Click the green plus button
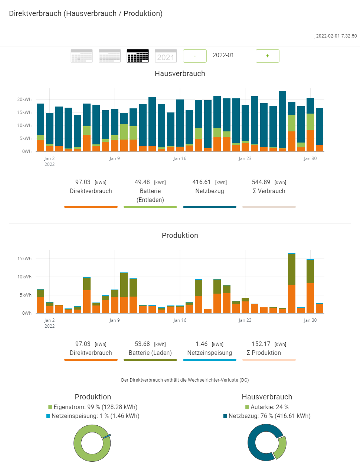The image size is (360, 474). pyautogui.click(x=267, y=56)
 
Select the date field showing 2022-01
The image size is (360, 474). pyautogui.click(x=230, y=55)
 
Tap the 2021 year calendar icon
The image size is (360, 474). pyautogui.click(x=166, y=56)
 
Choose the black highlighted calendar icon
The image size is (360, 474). pyautogui.click(x=138, y=56)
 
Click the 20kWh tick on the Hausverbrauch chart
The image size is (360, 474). pyautogui.click(x=24, y=99)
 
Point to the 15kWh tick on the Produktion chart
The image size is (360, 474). pyautogui.click(x=24, y=259)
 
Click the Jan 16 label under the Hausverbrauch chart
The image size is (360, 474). pyautogui.click(x=180, y=158)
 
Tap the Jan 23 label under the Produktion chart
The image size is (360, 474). pyautogui.click(x=245, y=320)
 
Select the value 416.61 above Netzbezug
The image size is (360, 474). pyautogui.click(x=202, y=182)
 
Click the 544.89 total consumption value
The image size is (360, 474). pyautogui.click(x=261, y=182)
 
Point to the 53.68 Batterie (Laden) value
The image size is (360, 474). pyautogui.click(x=142, y=344)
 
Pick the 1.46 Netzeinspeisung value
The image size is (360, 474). pyautogui.click(x=202, y=344)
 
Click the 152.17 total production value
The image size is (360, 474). pyautogui.click(x=261, y=344)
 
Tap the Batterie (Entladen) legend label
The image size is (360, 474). pyautogui.click(x=150, y=195)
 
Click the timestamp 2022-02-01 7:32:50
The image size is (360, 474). pyautogui.click(x=336, y=36)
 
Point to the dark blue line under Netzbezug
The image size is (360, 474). pyautogui.click(x=210, y=207)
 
